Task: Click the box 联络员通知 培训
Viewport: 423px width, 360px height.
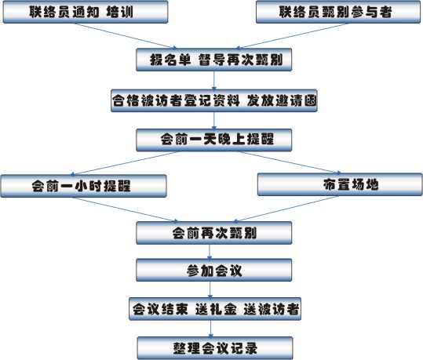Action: coord(86,12)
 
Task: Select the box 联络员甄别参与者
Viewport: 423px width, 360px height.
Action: coord(338,12)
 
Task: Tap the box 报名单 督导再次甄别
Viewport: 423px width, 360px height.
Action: coord(214,60)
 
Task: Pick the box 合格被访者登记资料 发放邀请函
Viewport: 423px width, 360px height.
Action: coord(214,100)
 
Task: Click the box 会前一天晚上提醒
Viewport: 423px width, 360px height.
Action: coord(214,140)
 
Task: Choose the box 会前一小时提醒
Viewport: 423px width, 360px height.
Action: coord(83,186)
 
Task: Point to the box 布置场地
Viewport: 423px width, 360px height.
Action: coord(340,184)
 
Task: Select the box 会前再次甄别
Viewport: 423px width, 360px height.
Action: coord(214,233)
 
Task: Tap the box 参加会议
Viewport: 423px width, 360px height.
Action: coord(214,270)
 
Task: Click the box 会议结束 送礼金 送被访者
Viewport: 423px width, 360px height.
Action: coord(215,309)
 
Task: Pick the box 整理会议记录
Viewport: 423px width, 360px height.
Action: coord(215,348)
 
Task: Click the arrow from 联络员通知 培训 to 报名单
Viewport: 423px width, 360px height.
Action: coord(126,36)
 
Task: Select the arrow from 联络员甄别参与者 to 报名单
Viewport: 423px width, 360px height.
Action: coord(292,36)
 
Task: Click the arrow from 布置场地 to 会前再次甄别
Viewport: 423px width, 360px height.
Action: coord(286,209)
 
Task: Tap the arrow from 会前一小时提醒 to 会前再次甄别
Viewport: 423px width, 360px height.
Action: coord(126,209)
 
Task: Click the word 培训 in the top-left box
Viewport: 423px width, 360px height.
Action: coord(119,12)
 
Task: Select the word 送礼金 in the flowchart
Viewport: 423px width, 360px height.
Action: coord(216,309)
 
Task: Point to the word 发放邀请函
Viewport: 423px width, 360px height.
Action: coord(282,100)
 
